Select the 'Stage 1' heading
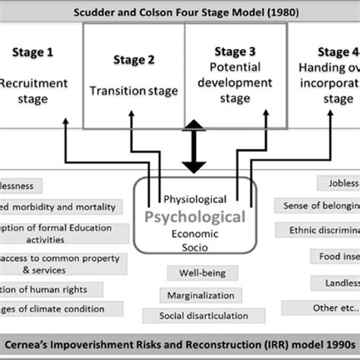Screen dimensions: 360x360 pyautogui.click(x=33, y=52)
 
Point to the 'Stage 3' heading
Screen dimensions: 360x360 pyautogui.click(x=236, y=52)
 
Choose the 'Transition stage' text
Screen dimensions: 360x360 pyautogui.click(x=134, y=90)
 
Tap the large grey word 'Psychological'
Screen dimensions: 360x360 pyautogui.click(x=201, y=217)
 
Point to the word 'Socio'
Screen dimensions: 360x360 pyautogui.click(x=201, y=248)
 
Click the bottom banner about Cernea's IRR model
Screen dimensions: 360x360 pyautogui.click(x=180, y=344)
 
